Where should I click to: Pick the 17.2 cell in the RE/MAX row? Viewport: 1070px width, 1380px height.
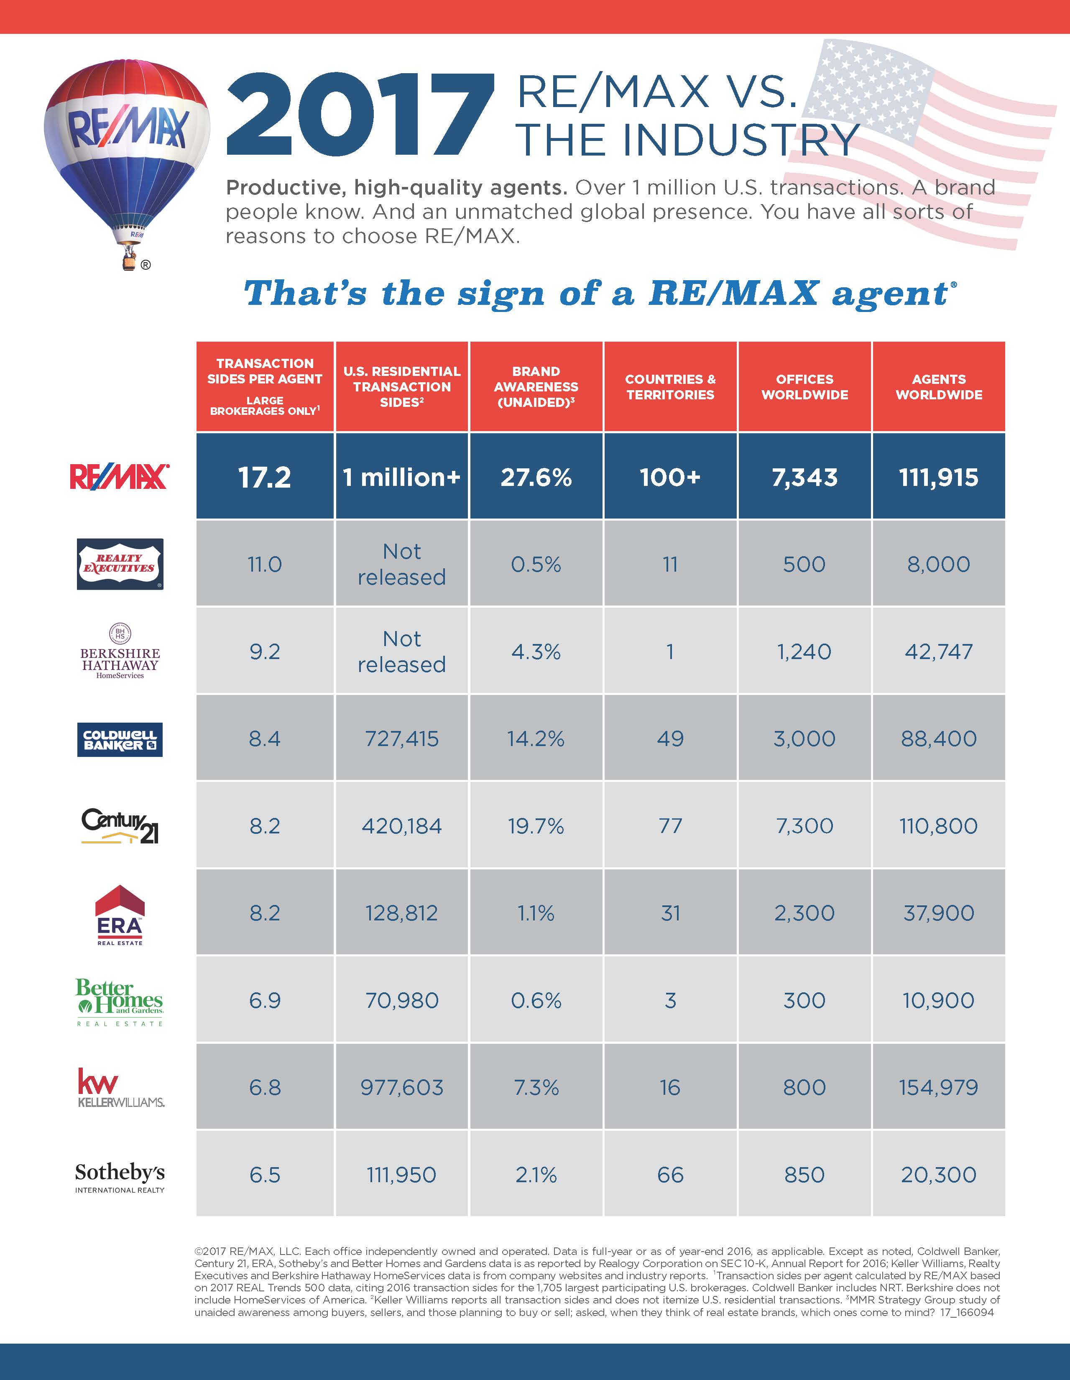pos(265,477)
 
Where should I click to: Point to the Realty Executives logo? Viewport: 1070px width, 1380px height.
pos(120,564)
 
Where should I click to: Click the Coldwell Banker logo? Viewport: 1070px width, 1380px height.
pos(120,739)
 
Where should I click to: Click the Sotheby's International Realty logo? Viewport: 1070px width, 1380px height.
pos(120,1176)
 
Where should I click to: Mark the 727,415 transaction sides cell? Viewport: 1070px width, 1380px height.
pos(402,739)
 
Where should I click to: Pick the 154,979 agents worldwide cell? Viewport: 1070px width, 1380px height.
pos(939,1087)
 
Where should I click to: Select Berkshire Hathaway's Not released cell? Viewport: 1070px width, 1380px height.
pos(402,652)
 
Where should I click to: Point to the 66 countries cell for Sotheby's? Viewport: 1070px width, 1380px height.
pos(670,1175)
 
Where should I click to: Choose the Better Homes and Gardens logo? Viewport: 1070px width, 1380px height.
pos(120,1002)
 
